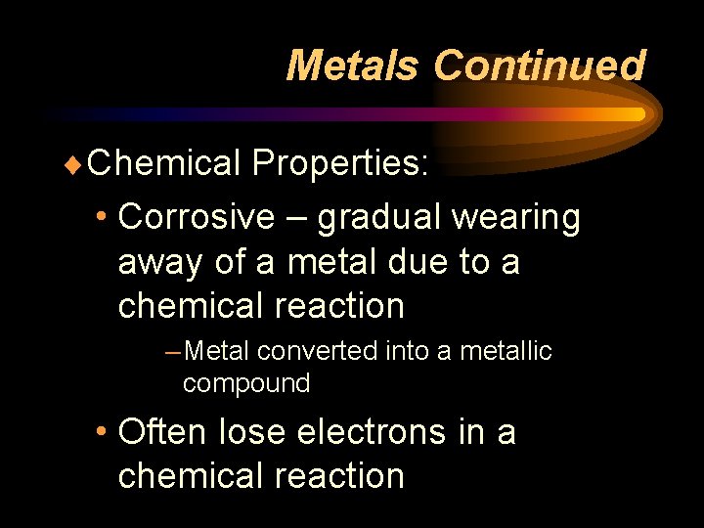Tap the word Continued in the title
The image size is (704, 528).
539,66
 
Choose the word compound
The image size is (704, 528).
246,383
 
